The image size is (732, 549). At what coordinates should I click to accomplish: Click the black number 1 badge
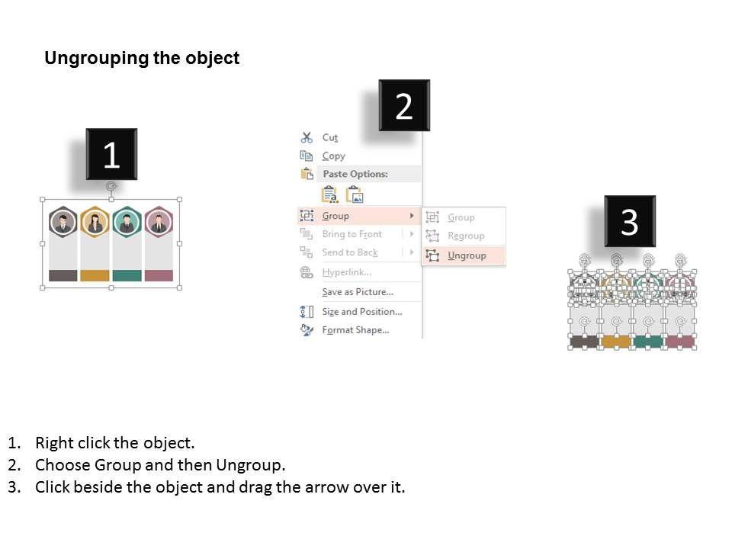pyautogui.click(x=111, y=154)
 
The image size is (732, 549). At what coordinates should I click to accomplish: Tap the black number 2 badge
pyautogui.click(x=404, y=105)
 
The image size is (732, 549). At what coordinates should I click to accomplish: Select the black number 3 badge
pyautogui.click(x=630, y=221)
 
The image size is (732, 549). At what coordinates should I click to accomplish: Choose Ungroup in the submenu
pyautogui.click(x=467, y=255)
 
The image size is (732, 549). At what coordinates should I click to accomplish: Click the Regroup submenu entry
pyautogui.click(x=466, y=236)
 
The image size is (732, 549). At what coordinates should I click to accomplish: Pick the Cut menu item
pyautogui.click(x=329, y=137)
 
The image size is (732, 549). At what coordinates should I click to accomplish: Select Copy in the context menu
pyautogui.click(x=333, y=156)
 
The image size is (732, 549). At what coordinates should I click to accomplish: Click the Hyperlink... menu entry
pyautogui.click(x=346, y=272)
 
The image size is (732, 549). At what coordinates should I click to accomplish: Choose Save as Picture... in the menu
pyautogui.click(x=358, y=292)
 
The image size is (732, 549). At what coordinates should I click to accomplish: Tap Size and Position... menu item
pyautogui.click(x=361, y=311)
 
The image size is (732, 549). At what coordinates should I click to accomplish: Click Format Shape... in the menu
pyautogui.click(x=355, y=330)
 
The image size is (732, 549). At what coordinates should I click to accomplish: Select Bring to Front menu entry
pyautogui.click(x=352, y=234)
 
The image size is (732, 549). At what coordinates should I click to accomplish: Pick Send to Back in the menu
pyautogui.click(x=350, y=252)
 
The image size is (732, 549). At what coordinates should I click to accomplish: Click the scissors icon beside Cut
pyautogui.click(x=307, y=137)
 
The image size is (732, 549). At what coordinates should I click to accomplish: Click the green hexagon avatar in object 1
pyautogui.click(x=127, y=222)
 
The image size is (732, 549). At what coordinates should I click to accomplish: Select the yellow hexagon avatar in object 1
pyautogui.click(x=95, y=222)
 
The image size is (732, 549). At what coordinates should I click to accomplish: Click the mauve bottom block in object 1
pyautogui.click(x=159, y=275)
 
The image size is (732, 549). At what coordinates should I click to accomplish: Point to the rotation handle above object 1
pyautogui.click(x=111, y=187)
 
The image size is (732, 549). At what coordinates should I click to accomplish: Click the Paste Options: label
pyautogui.click(x=355, y=174)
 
